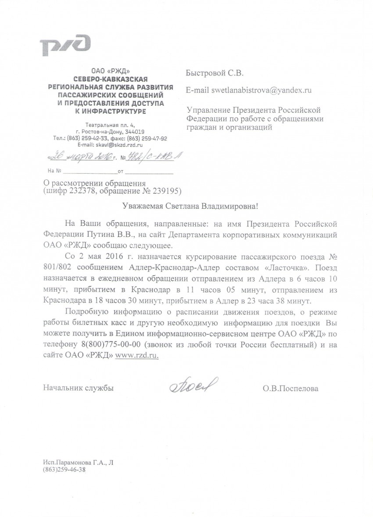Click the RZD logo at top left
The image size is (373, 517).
click(65, 45)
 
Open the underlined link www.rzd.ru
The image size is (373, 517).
click(136, 355)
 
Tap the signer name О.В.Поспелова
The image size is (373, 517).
click(289, 388)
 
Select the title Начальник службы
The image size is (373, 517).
click(78, 388)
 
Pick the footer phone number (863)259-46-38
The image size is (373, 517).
click(65, 470)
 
